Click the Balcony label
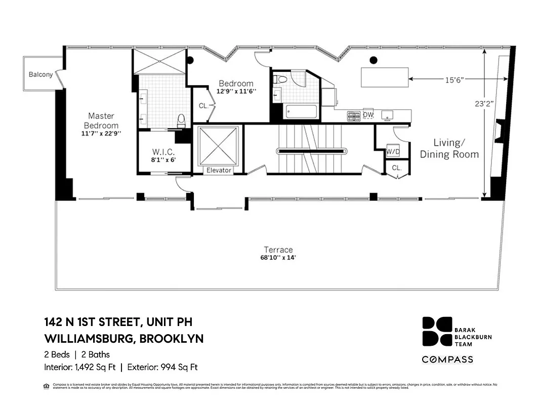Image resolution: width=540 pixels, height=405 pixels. click(40, 74)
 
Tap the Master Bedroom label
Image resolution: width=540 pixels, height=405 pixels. click(101, 120)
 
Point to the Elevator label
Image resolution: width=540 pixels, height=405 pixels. click(219, 171)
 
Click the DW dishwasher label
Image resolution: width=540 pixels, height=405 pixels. click(368, 115)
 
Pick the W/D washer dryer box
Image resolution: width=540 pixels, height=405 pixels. click(393, 151)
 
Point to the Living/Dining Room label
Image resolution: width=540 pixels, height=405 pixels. click(449, 149)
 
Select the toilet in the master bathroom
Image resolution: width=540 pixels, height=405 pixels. click(181, 119)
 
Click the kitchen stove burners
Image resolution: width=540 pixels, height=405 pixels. click(353, 115)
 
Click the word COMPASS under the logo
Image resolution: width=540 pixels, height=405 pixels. click(448, 359)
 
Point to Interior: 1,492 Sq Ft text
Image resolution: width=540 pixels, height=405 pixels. click(81, 367)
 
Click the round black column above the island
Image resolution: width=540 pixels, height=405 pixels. click(373, 60)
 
